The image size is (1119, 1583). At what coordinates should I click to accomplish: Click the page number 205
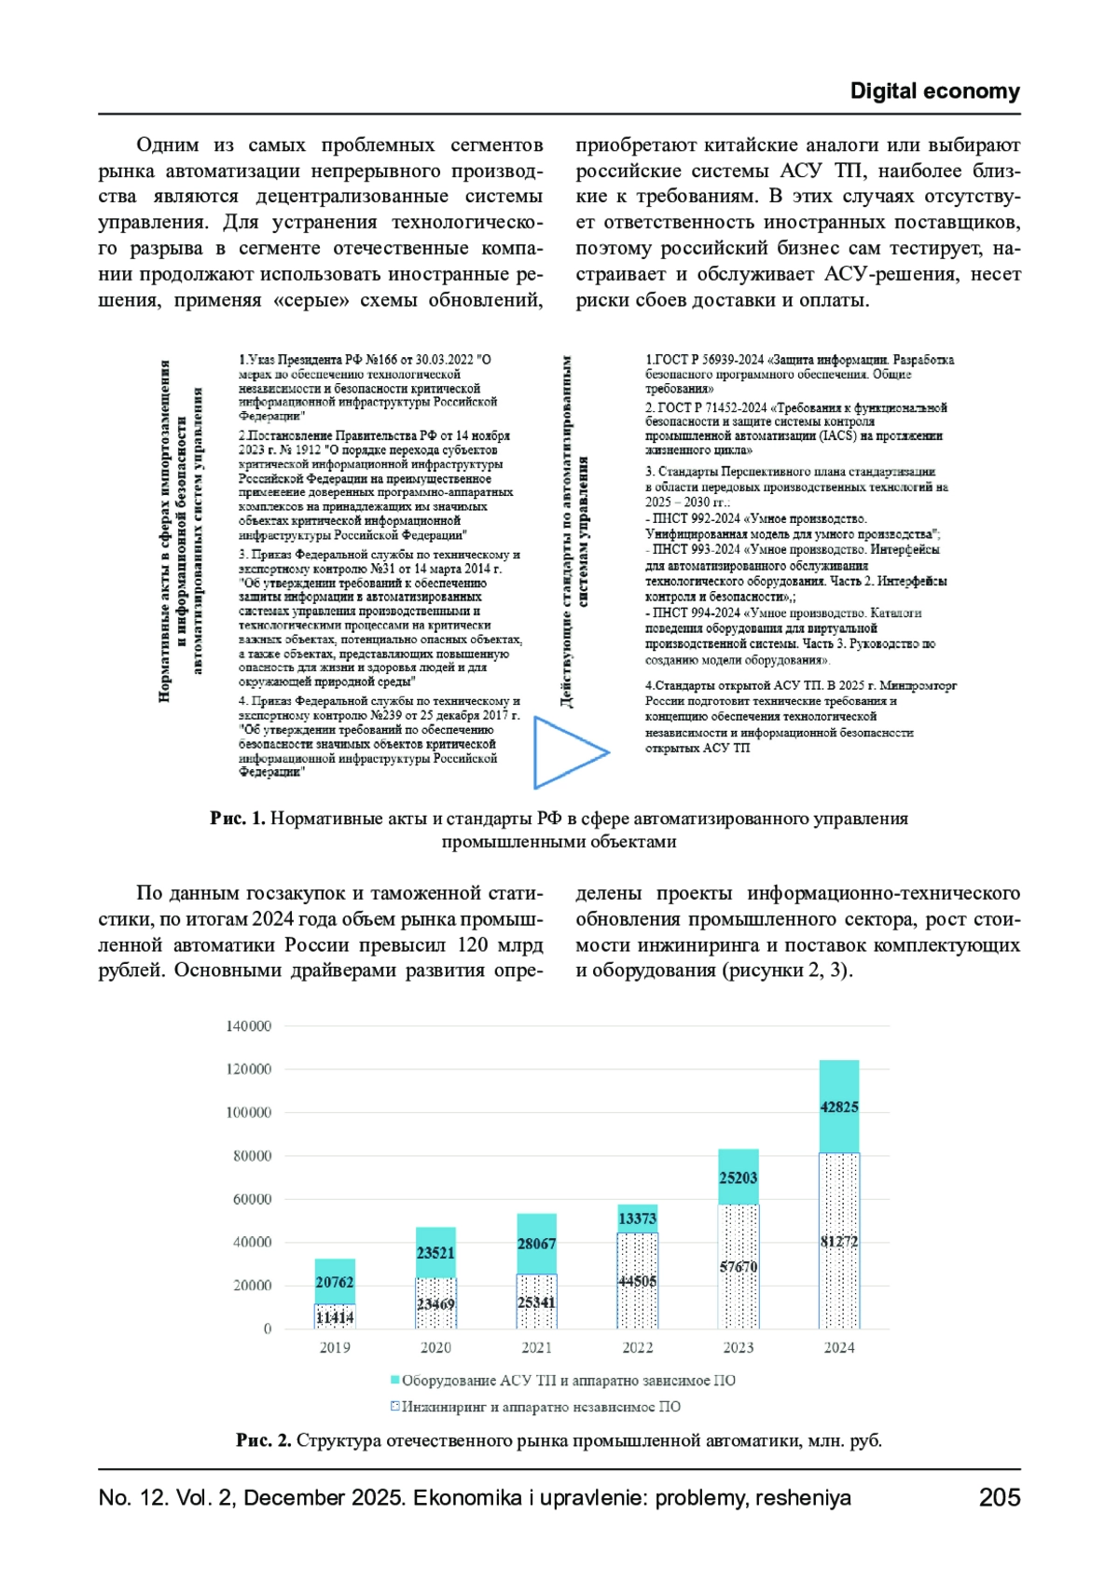coord(999,1497)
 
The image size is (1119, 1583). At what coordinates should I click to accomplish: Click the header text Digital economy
coord(934,91)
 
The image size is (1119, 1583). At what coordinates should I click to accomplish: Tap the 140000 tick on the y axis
coord(248,1026)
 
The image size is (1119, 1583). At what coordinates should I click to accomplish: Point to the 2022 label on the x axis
coord(637,1347)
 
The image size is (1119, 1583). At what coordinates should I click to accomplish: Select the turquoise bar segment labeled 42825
coord(839,1107)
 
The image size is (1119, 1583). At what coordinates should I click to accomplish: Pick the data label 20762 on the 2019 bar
coord(335,1283)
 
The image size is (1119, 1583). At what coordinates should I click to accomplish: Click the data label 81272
coord(839,1242)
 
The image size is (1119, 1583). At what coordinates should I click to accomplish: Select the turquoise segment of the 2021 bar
coord(536,1244)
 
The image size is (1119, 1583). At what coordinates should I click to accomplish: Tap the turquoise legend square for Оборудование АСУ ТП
coord(395,1380)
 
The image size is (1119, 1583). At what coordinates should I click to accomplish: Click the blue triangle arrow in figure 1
coord(565,751)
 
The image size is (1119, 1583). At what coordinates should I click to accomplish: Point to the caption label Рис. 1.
coord(238,819)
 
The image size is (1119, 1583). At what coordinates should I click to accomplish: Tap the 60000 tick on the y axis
coord(252,1199)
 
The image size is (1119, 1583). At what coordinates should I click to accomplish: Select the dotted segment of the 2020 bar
coord(435,1303)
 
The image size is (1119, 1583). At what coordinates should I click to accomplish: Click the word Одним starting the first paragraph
coord(168,145)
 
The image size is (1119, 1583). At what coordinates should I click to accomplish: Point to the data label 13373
coord(637,1218)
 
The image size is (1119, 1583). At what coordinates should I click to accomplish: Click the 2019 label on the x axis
coord(335,1347)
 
